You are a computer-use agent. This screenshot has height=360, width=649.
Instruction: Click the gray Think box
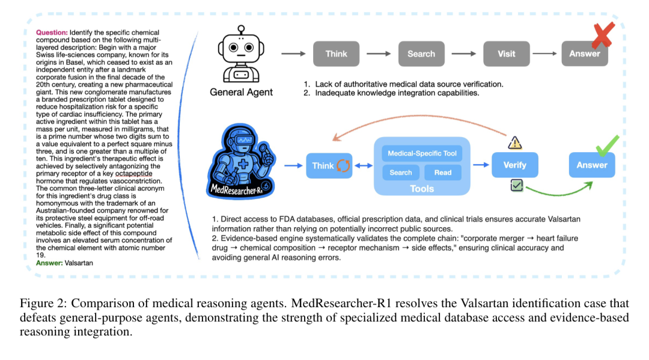coord(337,53)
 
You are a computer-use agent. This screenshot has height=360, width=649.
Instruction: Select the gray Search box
coord(421,53)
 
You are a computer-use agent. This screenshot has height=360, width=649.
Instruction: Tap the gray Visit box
coord(506,53)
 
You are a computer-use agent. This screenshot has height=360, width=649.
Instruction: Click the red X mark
coord(602,36)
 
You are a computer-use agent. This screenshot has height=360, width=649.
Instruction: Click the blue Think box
coord(329,165)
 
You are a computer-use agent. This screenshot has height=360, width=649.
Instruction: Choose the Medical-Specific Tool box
coord(422,153)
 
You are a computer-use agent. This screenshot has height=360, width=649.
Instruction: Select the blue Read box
coord(443,172)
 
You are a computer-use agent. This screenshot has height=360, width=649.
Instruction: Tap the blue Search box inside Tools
coord(401,172)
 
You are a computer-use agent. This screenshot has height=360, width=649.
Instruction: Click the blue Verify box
coord(514,165)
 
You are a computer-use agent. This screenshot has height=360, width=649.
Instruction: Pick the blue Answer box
coord(592,165)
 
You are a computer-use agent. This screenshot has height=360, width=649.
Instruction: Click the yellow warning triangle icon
coord(515,142)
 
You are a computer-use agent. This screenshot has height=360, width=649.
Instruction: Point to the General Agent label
coord(241,92)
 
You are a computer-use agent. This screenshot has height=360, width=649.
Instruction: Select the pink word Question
coord(52,31)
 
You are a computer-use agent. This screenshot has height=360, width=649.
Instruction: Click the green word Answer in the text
coord(49,263)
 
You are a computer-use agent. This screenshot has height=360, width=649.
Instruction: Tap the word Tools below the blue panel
coord(422,189)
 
